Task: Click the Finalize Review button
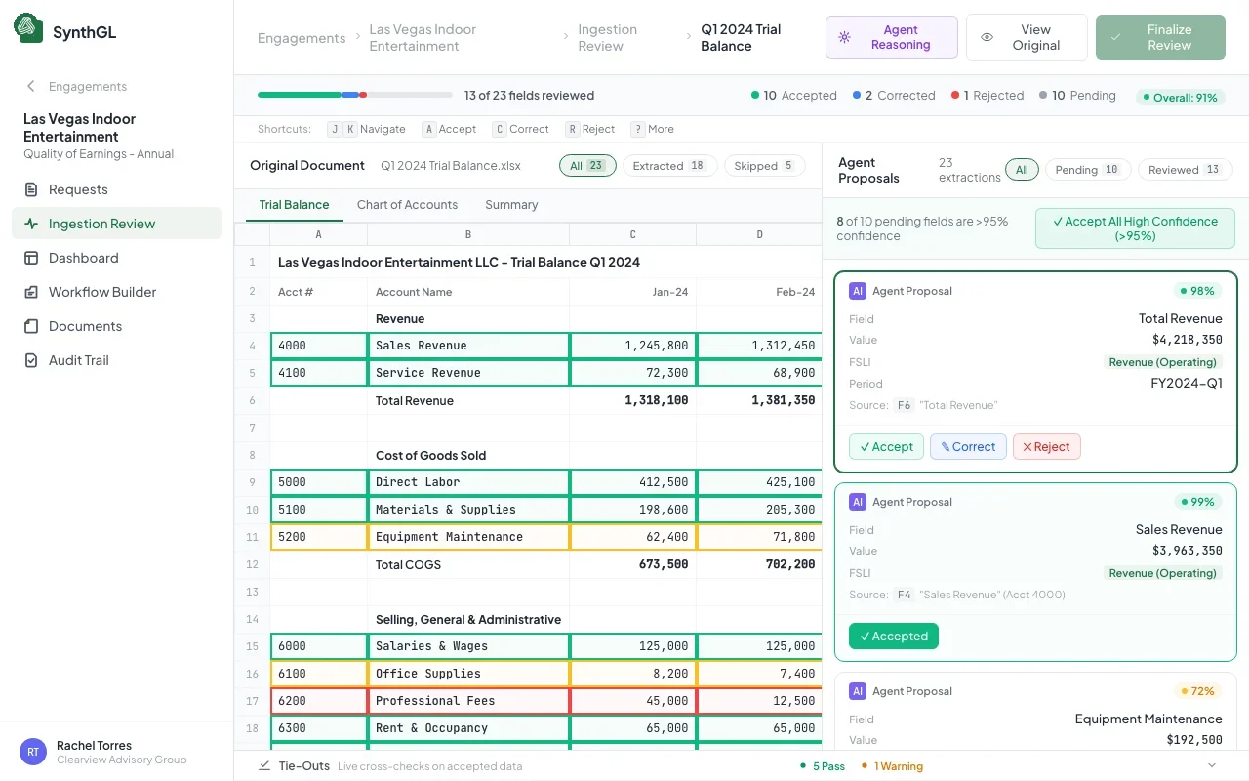click(x=1160, y=37)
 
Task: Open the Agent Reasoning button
click(x=891, y=37)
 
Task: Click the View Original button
click(x=1027, y=37)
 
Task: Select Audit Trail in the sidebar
click(x=78, y=360)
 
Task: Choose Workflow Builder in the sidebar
click(x=101, y=292)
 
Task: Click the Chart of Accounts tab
click(x=407, y=205)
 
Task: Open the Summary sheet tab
click(x=511, y=205)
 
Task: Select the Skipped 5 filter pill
click(x=764, y=166)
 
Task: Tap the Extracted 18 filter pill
click(x=669, y=166)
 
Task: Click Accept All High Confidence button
click(x=1135, y=228)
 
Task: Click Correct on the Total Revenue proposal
click(x=967, y=447)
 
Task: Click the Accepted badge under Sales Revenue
click(x=893, y=637)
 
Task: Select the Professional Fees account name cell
click(x=468, y=701)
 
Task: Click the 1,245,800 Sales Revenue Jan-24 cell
click(x=632, y=346)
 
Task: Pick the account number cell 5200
click(x=318, y=537)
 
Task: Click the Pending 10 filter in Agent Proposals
click(x=1087, y=170)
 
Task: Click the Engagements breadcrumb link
click(x=302, y=38)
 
